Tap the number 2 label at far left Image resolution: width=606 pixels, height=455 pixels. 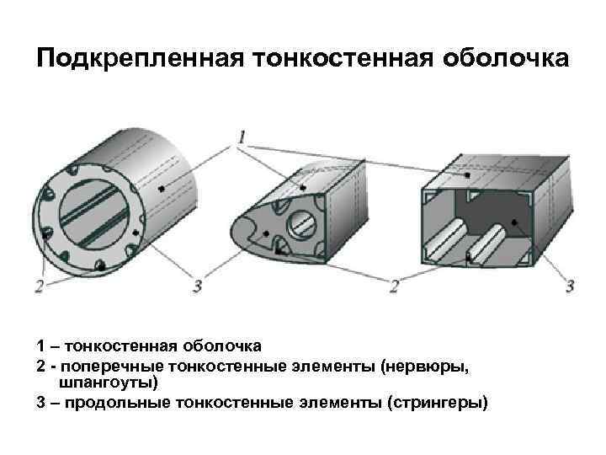click(x=40, y=286)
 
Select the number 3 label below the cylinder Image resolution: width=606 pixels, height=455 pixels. click(x=197, y=286)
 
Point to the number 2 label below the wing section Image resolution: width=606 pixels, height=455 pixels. click(x=394, y=286)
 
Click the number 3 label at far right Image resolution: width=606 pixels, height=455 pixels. click(x=570, y=286)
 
